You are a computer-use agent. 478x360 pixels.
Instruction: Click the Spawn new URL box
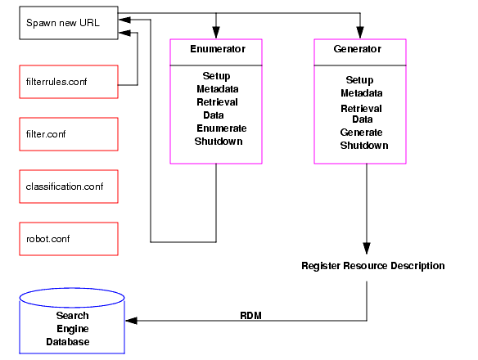[x=69, y=23]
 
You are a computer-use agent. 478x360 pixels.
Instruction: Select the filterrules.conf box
[x=69, y=82]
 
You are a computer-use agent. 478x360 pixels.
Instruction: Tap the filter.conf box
[x=69, y=134]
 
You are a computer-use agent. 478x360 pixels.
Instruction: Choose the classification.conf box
[x=69, y=187]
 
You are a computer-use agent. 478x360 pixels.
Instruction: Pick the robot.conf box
[x=69, y=239]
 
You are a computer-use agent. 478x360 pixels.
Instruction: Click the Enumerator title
[x=216, y=50]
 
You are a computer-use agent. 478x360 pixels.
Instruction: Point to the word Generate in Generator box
[x=361, y=133]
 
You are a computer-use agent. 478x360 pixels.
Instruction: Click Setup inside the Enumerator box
[x=216, y=76]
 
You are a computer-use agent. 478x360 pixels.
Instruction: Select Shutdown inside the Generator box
[x=364, y=146]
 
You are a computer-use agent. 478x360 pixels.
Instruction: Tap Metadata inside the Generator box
[x=362, y=93]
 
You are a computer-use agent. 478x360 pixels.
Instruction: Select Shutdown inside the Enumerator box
[x=219, y=142]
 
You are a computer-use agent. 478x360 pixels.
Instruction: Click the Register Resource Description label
[x=372, y=266]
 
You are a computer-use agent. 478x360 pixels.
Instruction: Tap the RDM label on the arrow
[x=250, y=314]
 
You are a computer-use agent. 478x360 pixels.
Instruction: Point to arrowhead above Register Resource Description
[x=366, y=249]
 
